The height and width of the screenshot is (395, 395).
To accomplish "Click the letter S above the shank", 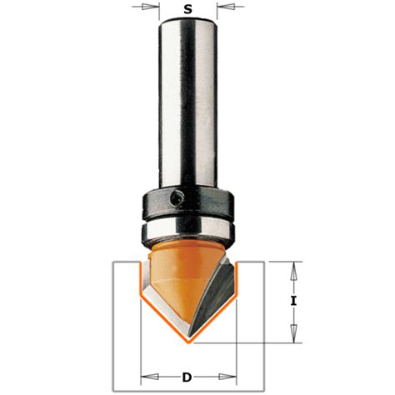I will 188,10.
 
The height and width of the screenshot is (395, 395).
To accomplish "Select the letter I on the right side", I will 293,302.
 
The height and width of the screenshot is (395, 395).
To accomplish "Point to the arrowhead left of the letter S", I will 153,11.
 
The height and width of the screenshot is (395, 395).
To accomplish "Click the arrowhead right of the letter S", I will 223,11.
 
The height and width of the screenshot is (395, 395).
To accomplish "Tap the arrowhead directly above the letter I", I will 293,269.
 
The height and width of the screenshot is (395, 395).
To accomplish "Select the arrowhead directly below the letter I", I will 293,335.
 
